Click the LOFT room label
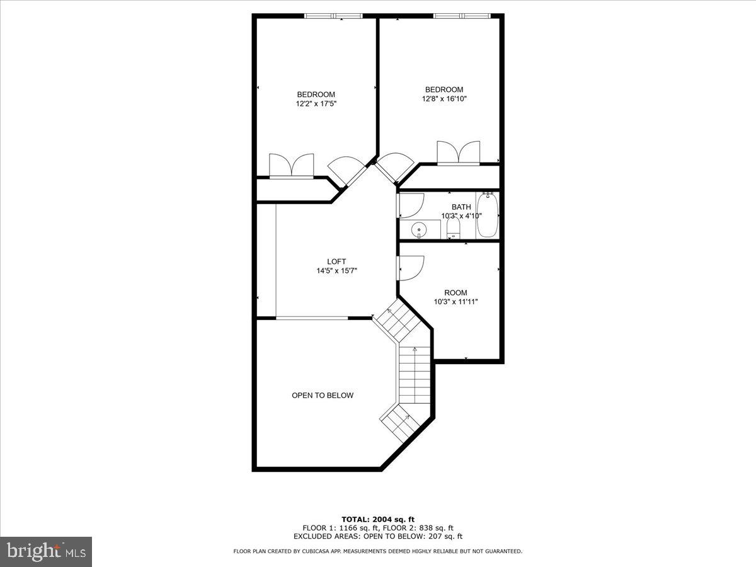pos(336,261)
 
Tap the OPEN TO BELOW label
pos(323,396)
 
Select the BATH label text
pos(461,207)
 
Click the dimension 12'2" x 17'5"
pos(316,104)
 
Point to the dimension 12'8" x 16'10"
pos(444,99)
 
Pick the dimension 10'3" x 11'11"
pos(456,302)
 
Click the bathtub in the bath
pos(488,215)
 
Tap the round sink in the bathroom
pos(418,229)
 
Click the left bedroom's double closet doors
pos(291,166)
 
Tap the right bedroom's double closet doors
pos(459,153)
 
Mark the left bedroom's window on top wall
pos(333,16)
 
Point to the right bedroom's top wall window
pos(462,16)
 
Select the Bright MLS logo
pos(46,551)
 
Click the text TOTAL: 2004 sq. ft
pos(378,519)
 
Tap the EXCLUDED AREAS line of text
pos(378,537)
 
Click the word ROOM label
pos(455,292)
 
